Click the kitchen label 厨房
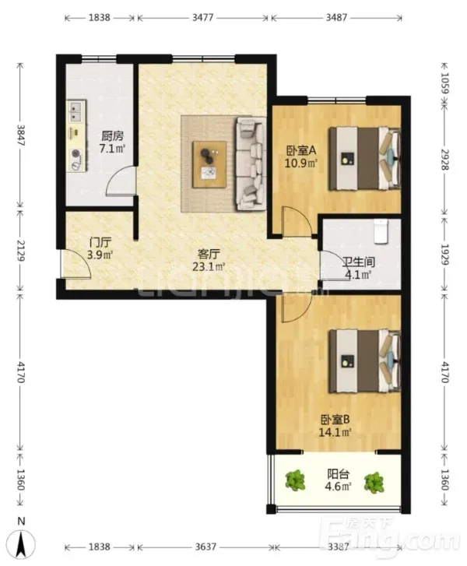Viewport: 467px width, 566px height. pyautogui.click(x=112, y=135)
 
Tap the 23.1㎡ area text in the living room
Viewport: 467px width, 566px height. pyautogui.click(x=209, y=267)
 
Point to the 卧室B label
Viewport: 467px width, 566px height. pyautogui.click(x=335, y=420)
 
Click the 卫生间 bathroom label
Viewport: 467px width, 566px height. pyautogui.click(x=358, y=262)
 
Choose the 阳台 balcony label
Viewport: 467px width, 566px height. pyautogui.click(x=338, y=473)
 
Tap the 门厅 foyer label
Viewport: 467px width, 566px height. pyautogui.click(x=100, y=242)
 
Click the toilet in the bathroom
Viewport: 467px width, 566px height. pyautogui.click(x=381, y=231)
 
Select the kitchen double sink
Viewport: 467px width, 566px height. pyautogui.click(x=76, y=111)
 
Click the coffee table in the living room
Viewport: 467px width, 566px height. pyautogui.click(x=209, y=164)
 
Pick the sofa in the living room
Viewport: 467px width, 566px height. pyautogui.click(x=251, y=163)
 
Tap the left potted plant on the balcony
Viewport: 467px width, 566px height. pyautogui.click(x=295, y=480)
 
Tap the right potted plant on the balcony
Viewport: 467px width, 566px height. pyautogui.click(x=374, y=482)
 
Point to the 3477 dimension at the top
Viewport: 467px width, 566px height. pyautogui.click(x=202, y=17)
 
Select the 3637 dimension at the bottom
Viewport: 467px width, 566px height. pyautogui.click(x=205, y=547)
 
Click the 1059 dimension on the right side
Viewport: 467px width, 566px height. pyautogui.click(x=444, y=83)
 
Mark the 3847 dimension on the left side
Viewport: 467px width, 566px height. pyautogui.click(x=20, y=135)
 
